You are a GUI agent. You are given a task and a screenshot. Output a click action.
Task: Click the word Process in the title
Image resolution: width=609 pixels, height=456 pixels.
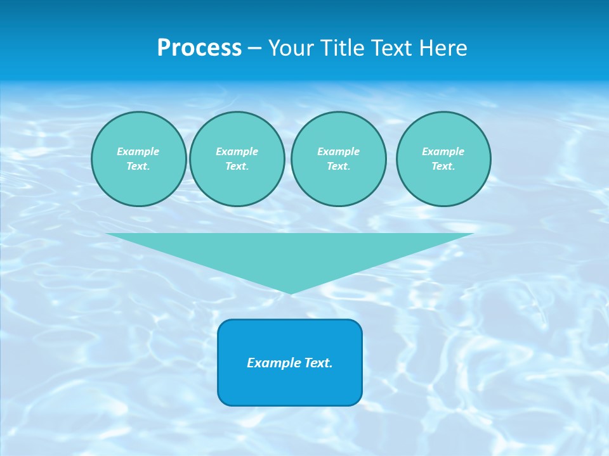point(199,48)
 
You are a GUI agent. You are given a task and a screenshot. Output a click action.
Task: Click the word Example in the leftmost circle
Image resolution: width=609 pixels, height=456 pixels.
point(138,151)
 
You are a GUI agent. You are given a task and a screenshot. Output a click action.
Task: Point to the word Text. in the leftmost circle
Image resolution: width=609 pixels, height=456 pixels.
point(138,166)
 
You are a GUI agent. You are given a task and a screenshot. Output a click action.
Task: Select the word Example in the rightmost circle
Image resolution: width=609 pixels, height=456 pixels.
point(443,151)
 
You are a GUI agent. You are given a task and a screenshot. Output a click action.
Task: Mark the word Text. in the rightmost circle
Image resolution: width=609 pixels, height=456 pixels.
point(443,166)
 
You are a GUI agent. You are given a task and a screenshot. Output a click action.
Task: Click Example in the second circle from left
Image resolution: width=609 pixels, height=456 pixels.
point(237,151)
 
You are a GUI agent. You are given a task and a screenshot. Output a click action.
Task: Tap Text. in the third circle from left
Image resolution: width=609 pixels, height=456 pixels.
point(338,166)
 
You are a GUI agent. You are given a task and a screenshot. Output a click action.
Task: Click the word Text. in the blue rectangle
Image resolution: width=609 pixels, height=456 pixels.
point(318,363)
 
